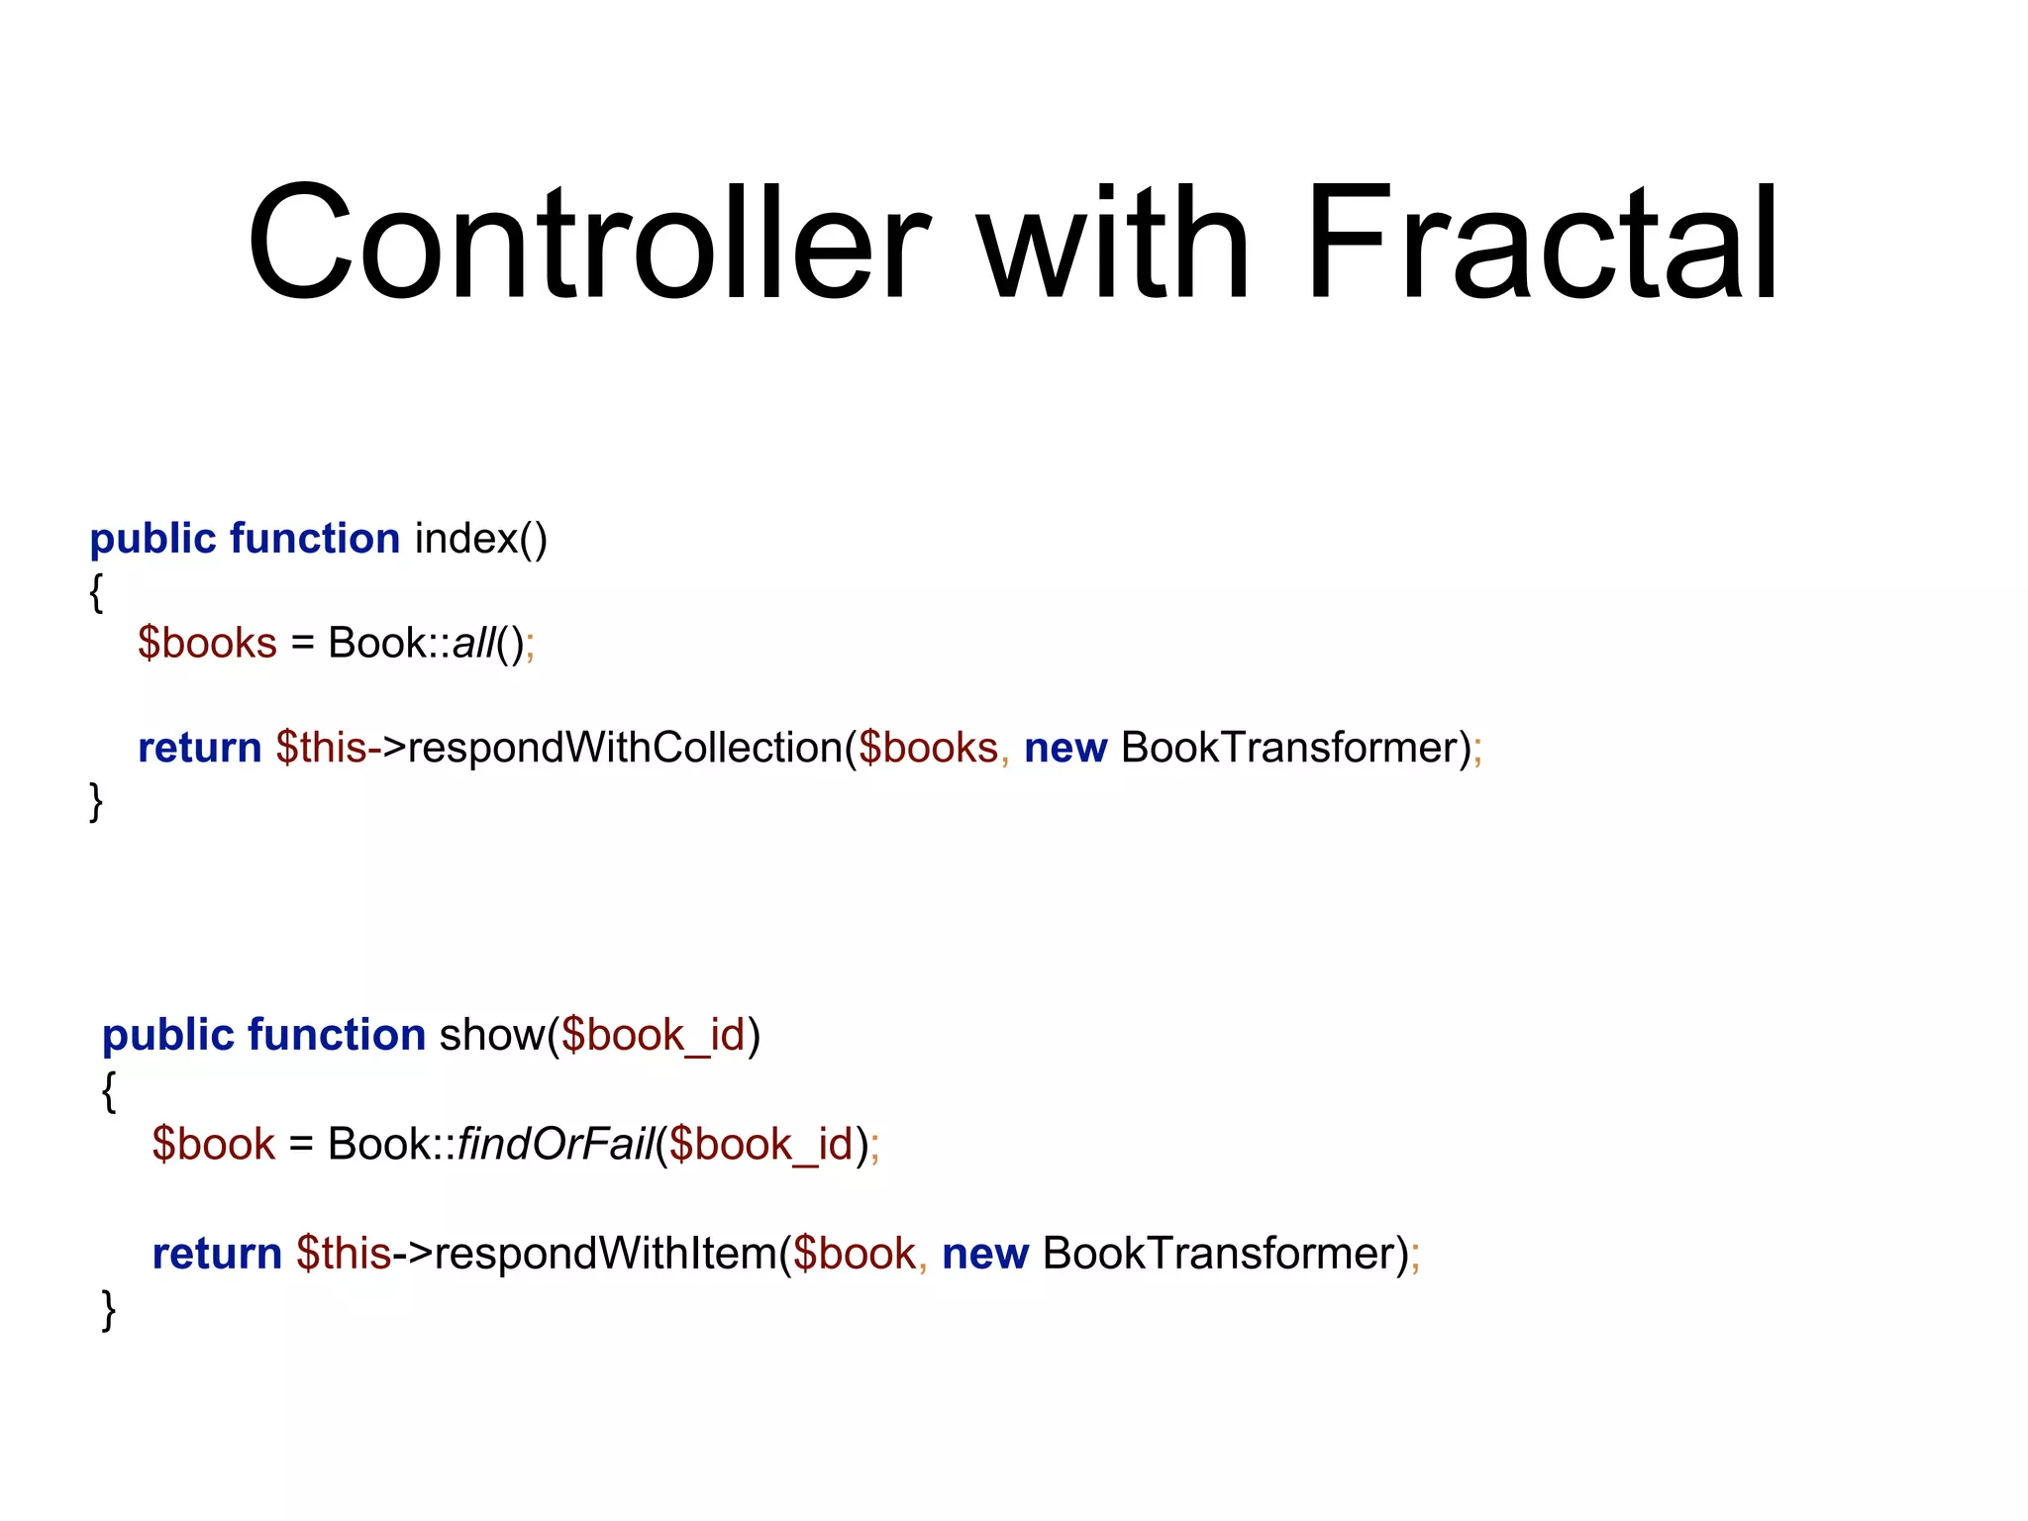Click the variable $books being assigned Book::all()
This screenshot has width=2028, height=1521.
click(x=207, y=644)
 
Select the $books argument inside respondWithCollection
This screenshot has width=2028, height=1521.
click(x=928, y=748)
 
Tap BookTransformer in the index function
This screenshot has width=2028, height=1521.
click(x=1290, y=748)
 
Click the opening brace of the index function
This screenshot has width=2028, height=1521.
click(x=96, y=592)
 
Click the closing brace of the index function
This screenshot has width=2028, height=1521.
click(x=96, y=800)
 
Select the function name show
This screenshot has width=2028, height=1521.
click(x=492, y=1036)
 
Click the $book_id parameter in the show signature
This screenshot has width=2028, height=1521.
click(x=653, y=1036)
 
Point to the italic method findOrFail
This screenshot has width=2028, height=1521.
click(x=555, y=1145)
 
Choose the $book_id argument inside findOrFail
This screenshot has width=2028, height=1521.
click(x=760, y=1145)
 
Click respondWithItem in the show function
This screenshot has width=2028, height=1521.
click(x=606, y=1254)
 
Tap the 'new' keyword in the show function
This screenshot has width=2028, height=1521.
click(x=984, y=1254)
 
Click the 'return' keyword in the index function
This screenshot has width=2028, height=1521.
click(x=199, y=748)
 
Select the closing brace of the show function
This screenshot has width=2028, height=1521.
click(x=109, y=1309)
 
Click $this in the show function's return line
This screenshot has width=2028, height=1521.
click(x=344, y=1254)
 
